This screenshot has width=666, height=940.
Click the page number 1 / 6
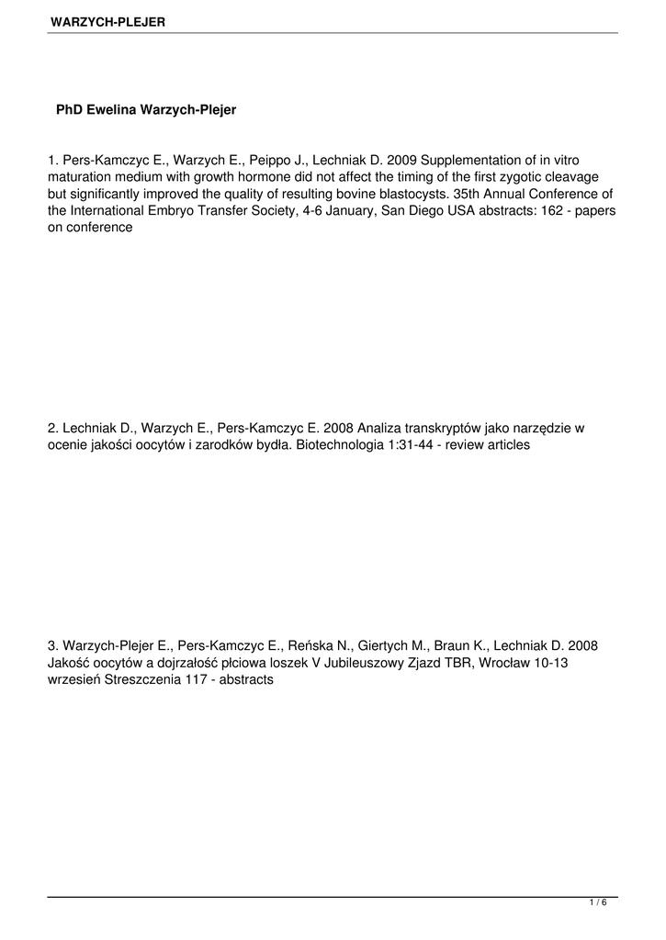[598, 903]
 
